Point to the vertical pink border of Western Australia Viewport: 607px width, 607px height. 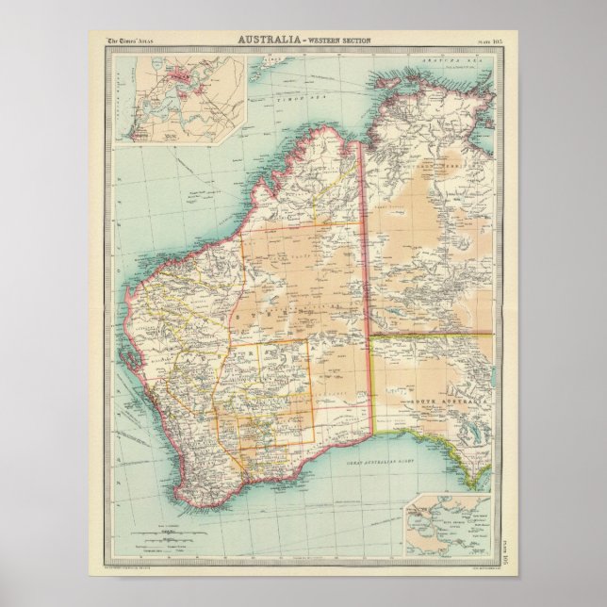click(368, 283)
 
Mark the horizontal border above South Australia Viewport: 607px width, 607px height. click(429, 333)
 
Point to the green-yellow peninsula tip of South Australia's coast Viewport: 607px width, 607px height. click(468, 469)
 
